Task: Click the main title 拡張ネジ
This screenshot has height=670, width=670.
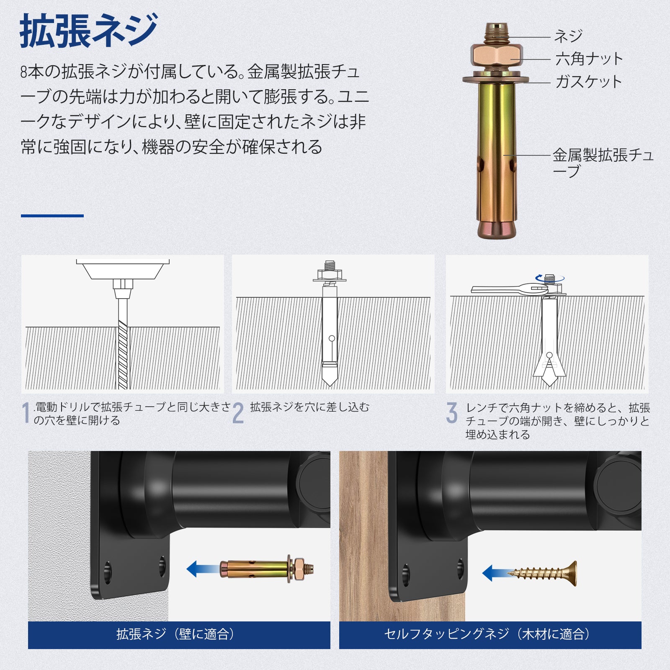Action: coord(88,31)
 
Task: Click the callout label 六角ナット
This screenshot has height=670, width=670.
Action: coord(589,59)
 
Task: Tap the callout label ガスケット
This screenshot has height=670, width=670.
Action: coord(588,82)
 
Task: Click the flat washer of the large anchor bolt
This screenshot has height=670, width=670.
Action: coord(496,79)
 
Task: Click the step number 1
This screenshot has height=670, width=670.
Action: coord(26,413)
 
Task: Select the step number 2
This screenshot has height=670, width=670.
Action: coord(238,413)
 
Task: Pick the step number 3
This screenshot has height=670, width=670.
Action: coord(452,413)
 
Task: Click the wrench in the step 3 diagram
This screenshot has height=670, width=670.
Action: coord(509,289)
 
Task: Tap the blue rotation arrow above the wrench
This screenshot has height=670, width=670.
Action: coord(550,277)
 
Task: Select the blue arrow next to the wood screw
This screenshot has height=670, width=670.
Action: coord(495,573)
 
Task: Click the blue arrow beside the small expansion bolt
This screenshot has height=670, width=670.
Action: coord(203,569)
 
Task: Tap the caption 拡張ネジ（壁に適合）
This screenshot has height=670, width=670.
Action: coord(175,634)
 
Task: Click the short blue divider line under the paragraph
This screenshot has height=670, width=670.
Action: coord(52,216)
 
